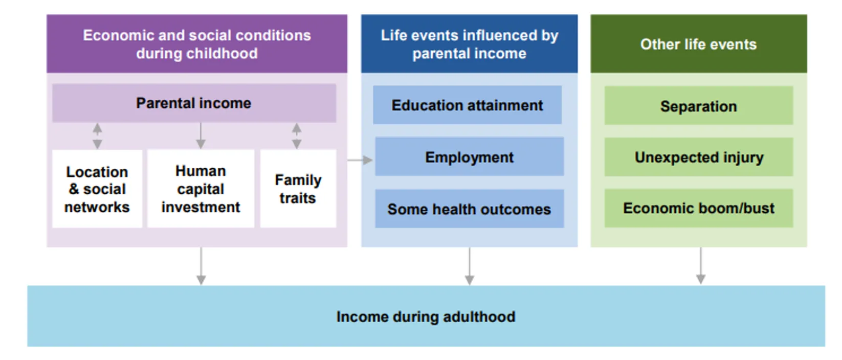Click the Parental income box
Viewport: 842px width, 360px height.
pyautogui.click(x=194, y=103)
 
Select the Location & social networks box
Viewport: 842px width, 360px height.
pyautogui.click(x=97, y=189)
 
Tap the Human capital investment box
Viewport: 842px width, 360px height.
pyautogui.click(x=201, y=189)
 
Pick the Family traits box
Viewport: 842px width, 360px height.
pyautogui.click(x=298, y=189)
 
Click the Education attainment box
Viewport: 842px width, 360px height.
pyautogui.click(x=467, y=105)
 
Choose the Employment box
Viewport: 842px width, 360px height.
pyautogui.click(x=469, y=157)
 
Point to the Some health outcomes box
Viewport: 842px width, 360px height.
pyautogui.click(x=469, y=209)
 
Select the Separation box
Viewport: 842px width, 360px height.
pyautogui.click(x=698, y=106)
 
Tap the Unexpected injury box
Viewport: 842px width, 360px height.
pyautogui.click(x=698, y=157)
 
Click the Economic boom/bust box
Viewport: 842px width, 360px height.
pyautogui.click(x=698, y=208)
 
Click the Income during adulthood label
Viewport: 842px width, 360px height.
pyautogui.click(x=426, y=317)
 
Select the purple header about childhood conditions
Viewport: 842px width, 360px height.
pyautogui.click(x=197, y=44)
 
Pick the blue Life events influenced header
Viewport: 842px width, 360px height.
pyautogui.click(x=469, y=44)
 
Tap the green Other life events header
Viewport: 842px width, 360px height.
pyautogui.click(x=698, y=44)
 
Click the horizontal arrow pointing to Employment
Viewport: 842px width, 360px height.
pyautogui.click(x=360, y=160)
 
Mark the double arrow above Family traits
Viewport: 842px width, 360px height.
pyautogui.click(x=297, y=136)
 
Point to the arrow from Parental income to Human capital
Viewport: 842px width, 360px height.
pyautogui.click(x=201, y=136)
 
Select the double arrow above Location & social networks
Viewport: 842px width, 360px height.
pyautogui.click(x=97, y=136)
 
